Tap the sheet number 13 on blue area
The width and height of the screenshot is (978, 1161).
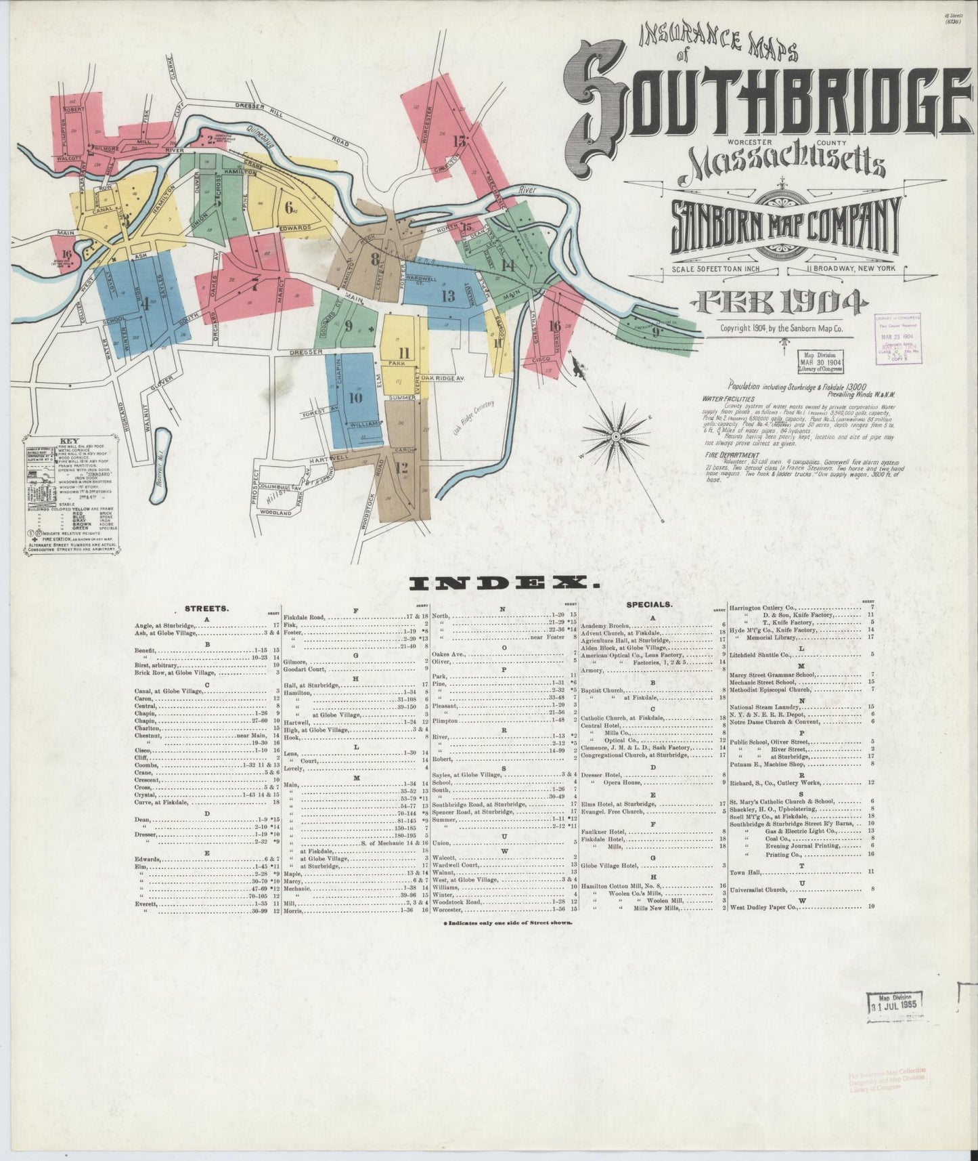[448, 295]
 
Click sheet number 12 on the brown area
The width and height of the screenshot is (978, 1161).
[401, 467]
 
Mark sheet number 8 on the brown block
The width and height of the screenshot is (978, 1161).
[375, 258]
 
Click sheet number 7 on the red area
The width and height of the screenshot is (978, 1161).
[254, 285]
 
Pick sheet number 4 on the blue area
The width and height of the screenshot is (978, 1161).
[144, 304]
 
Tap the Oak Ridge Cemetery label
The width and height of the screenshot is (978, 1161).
[472, 420]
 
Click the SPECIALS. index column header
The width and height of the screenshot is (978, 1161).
[648, 602]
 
